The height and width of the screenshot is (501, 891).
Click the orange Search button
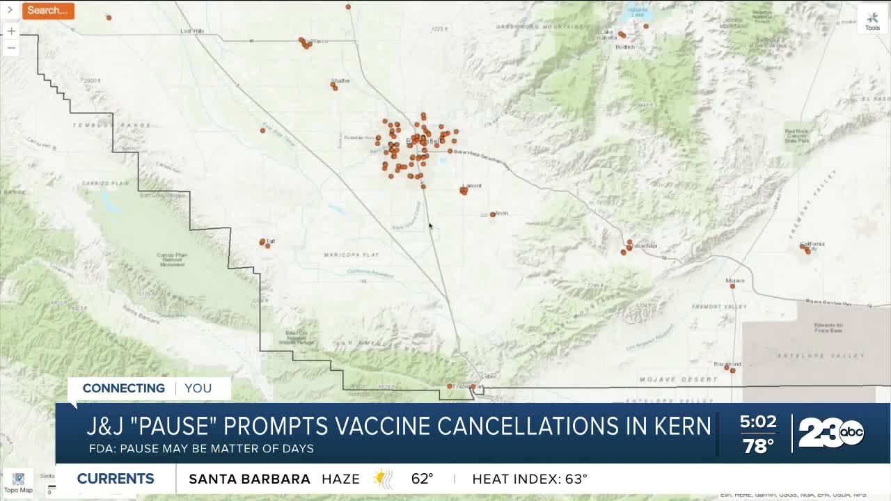point(48,10)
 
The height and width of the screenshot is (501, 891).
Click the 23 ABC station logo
point(831,433)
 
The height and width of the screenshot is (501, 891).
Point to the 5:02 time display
point(757,422)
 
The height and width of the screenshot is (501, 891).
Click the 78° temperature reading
point(757,446)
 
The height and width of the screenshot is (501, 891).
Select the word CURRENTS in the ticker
point(116,479)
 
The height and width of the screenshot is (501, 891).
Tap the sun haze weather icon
point(381,479)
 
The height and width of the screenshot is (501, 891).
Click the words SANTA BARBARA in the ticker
point(249,479)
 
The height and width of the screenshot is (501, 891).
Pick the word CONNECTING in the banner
point(124,388)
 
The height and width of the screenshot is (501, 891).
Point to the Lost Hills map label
point(192,31)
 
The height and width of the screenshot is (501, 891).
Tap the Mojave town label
point(735,280)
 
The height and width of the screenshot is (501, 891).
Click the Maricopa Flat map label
point(346,255)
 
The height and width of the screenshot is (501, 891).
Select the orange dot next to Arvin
point(493,214)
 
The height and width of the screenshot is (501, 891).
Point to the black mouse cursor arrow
point(430,225)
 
